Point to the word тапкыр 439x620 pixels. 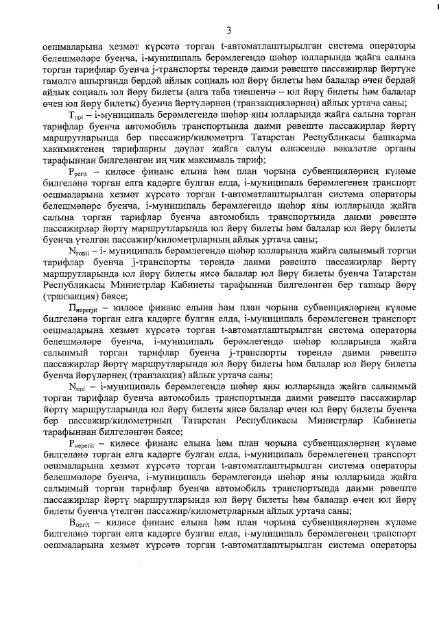pyautogui.click(x=372, y=284)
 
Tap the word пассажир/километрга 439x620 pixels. pyautogui.click(x=217, y=143)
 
